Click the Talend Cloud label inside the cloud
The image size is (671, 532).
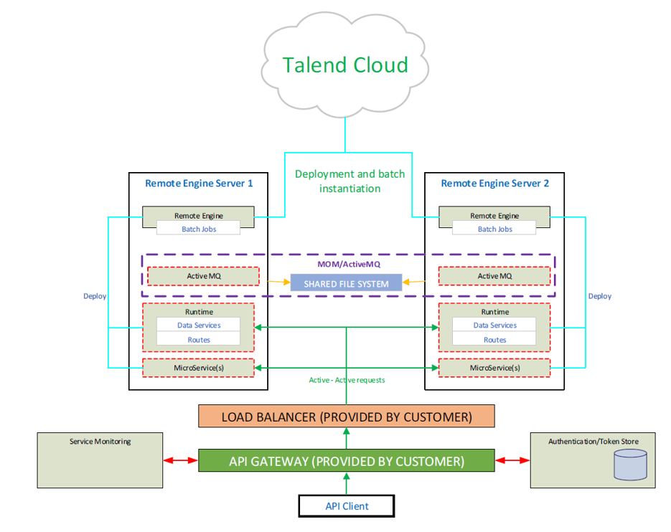[345, 65]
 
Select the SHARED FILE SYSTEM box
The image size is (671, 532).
[346, 283]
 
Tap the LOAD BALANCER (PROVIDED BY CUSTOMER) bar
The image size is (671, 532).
[346, 417]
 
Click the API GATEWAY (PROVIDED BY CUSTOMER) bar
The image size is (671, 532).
[346, 460]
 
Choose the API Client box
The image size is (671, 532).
[346, 506]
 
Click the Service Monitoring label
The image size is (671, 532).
[100, 442]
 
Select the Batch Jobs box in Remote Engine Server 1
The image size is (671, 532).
[199, 229]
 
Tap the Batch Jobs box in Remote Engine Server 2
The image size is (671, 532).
[494, 229]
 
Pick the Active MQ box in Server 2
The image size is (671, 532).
[494, 276]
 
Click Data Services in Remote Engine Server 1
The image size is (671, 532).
[199, 325]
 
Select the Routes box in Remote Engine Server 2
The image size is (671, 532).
[494, 340]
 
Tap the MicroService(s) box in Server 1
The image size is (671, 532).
[199, 368]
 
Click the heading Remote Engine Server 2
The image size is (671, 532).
[494, 183]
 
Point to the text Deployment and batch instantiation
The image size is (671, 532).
[349, 181]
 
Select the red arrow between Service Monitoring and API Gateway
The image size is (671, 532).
[182, 460]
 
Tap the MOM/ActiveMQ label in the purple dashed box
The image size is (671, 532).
[349, 264]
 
